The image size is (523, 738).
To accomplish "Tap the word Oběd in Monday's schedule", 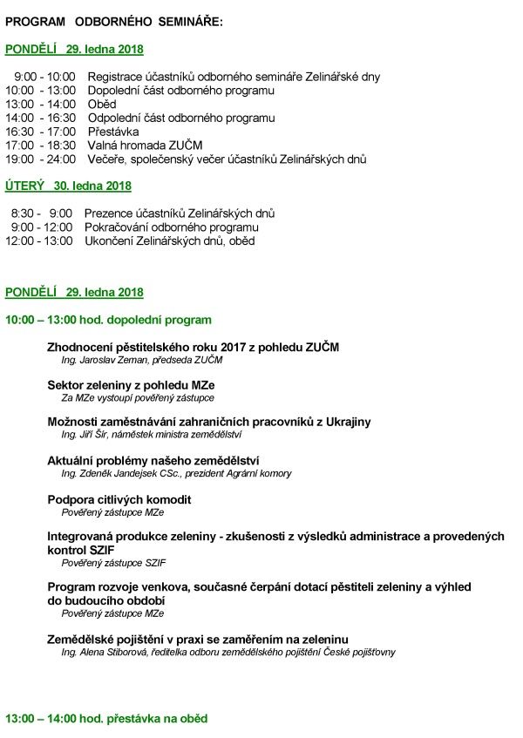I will tap(101, 104).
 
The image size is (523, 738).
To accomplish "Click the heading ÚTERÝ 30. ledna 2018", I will tap(68, 186).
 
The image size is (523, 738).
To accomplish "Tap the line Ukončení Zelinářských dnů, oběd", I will tap(169, 240).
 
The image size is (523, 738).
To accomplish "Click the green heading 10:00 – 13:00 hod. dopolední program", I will tap(108, 320).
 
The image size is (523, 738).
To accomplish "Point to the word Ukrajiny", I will tap(348, 422).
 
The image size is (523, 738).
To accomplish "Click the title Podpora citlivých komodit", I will tap(119, 499).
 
